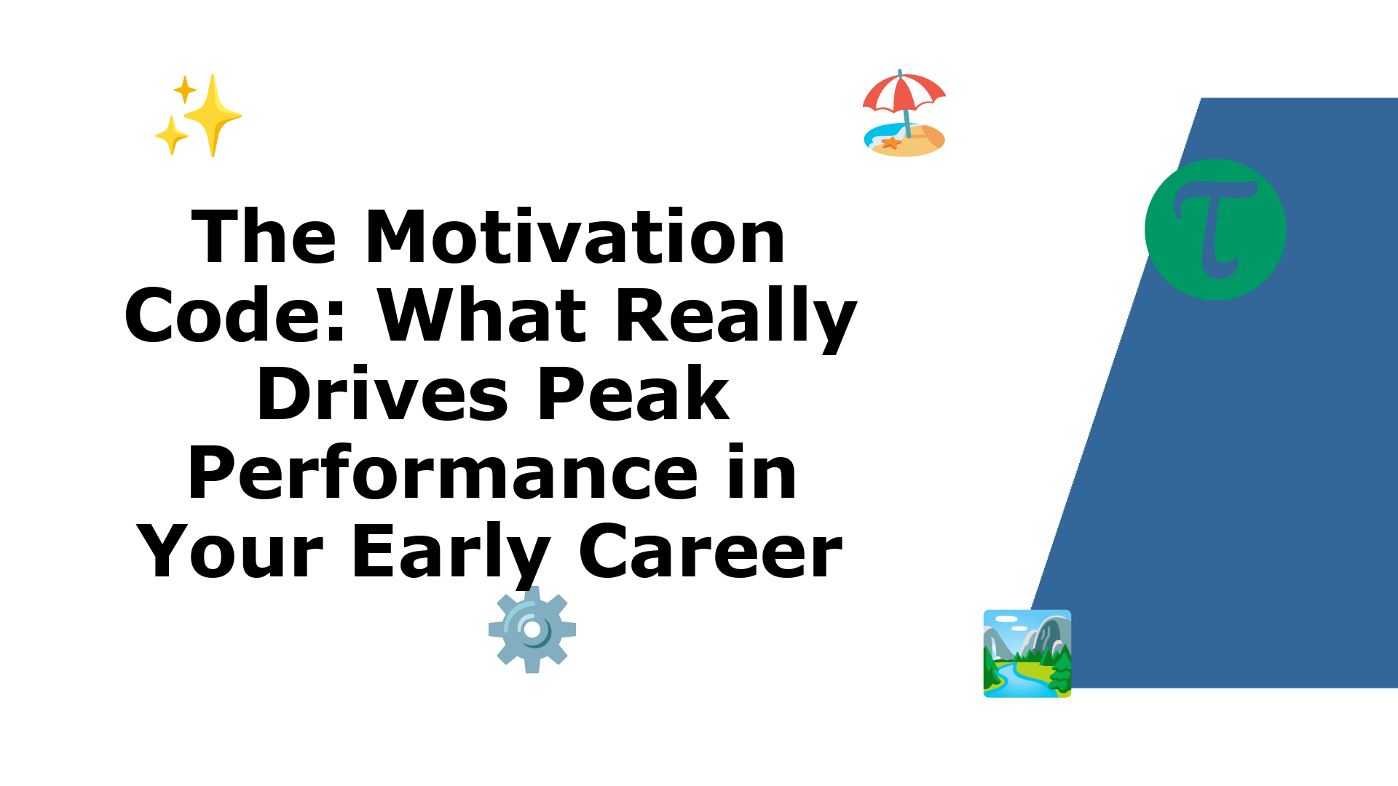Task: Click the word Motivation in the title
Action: click(x=575, y=237)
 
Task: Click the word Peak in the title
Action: click(x=633, y=394)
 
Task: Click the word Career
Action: click(x=711, y=552)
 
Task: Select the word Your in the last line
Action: click(x=230, y=552)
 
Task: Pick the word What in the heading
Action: click(x=482, y=315)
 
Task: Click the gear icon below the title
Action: click(x=532, y=630)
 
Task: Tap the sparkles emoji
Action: click(x=198, y=115)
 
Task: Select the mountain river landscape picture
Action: click(x=1027, y=654)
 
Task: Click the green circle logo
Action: click(x=1215, y=229)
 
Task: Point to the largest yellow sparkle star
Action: click(x=213, y=115)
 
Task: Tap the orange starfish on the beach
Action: click(x=891, y=143)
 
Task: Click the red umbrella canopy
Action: click(x=904, y=92)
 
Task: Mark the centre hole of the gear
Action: click(x=532, y=629)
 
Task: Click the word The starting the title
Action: click(x=264, y=237)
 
